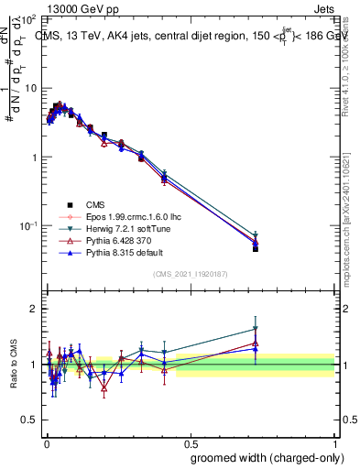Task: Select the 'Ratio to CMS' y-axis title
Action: (14, 364)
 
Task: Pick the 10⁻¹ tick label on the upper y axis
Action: (27, 225)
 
